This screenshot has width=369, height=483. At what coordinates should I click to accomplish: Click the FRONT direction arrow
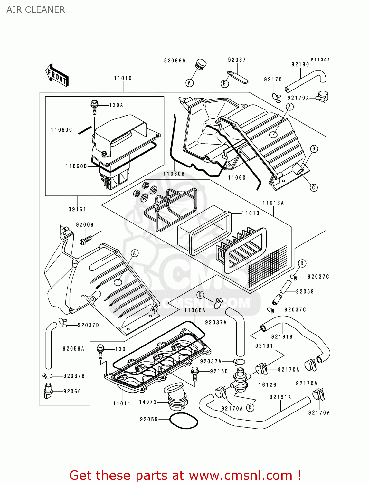coord(57,75)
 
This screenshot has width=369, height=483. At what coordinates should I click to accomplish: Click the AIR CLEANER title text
coord(36,10)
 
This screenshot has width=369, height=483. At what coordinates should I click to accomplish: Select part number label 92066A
coord(175,61)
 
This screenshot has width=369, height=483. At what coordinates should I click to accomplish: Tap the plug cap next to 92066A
coord(201,64)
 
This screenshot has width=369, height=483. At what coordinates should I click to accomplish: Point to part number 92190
coord(300,64)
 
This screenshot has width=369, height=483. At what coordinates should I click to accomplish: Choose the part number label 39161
coord(77,209)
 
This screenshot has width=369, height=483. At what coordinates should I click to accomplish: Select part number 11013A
coord(273,203)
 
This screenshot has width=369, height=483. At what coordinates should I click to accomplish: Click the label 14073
coord(148,402)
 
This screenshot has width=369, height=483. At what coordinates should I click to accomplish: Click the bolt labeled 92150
coord(194,373)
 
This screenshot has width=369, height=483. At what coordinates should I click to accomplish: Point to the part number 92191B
coord(282,337)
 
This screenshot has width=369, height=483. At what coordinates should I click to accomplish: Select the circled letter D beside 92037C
coord(302,263)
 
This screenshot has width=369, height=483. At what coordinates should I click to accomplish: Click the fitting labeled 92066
coord(48,391)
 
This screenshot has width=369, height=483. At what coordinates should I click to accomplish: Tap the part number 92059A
coord(73,349)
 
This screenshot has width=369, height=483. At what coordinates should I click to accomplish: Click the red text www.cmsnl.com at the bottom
coord(240,476)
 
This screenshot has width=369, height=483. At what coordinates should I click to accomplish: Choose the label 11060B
coord(174,174)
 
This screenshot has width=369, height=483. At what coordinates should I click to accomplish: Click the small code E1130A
coord(320,60)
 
